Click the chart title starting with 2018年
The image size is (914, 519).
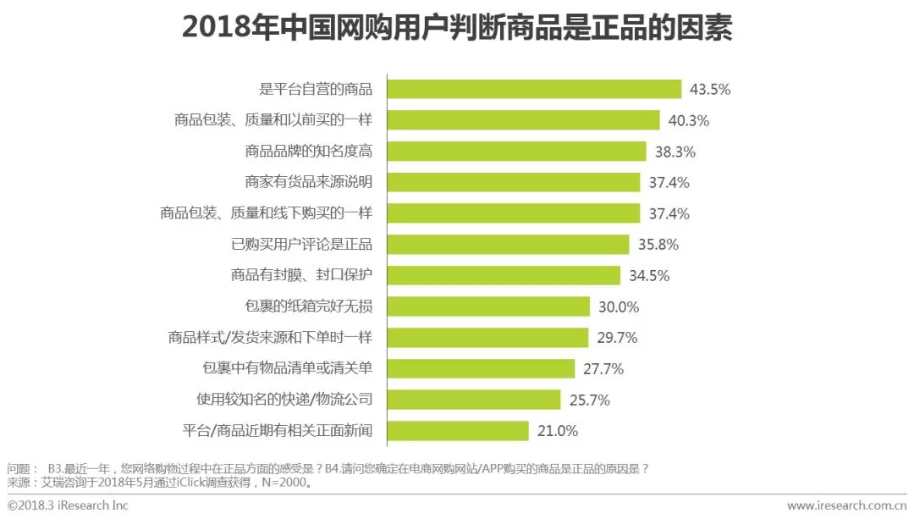tap(457, 27)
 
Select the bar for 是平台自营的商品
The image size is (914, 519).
tap(534, 89)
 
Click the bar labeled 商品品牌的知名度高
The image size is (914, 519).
tap(517, 151)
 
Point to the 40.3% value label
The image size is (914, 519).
tap(688, 120)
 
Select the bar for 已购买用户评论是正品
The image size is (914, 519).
tap(509, 245)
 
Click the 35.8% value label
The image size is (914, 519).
tap(658, 245)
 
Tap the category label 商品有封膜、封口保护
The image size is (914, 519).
tap(301, 275)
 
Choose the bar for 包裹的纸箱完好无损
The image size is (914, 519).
tap(488, 306)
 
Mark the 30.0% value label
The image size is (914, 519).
tap(618, 306)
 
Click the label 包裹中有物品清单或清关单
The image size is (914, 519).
tap(287, 368)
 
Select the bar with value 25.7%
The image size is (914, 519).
tap(474, 400)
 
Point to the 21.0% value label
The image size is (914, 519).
tap(558, 431)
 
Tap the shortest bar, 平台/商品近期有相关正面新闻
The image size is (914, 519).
tap(458, 431)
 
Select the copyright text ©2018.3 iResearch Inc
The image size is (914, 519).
tap(68, 505)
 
